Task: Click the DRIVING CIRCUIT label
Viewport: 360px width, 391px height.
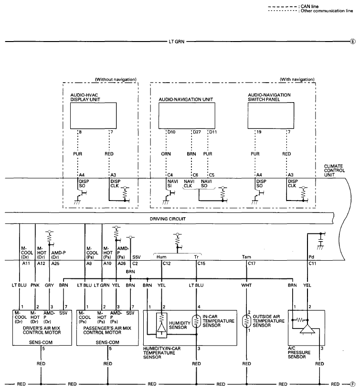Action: click(x=168, y=219)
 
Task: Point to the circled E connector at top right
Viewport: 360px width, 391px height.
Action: click(x=353, y=42)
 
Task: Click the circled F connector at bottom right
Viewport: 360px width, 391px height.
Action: click(x=352, y=384)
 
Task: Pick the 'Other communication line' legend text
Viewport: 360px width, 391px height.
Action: click(x=327, y=11)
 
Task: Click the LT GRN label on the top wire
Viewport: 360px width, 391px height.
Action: click(x=177, y=42)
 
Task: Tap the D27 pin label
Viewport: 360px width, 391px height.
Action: click(x=197, y=132)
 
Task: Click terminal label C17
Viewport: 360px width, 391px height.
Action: click(x=252, y=264)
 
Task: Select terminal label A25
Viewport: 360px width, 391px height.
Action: click(x=55, y=264)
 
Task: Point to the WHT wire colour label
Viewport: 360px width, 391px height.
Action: click(x=246, y=285)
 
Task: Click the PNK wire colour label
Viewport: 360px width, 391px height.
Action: click(x=35, y=285)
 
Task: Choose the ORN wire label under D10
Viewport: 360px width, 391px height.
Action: click(x=166, y=154)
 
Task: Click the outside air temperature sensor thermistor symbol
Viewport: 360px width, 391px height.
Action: click(x=246, y=321)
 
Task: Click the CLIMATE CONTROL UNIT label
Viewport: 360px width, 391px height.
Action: click(x=334, y=170)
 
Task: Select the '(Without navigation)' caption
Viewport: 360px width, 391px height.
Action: click(x=116, y=79)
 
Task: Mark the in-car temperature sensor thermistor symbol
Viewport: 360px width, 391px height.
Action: click(x=196, y=321)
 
